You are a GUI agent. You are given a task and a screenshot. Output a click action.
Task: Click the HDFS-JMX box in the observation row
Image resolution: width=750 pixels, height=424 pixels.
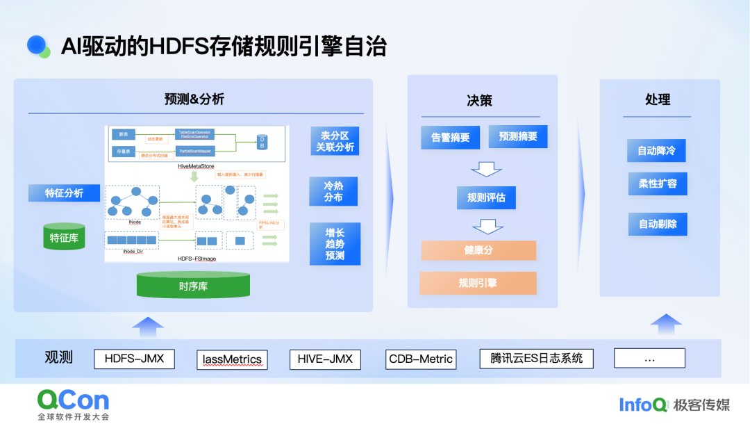134,359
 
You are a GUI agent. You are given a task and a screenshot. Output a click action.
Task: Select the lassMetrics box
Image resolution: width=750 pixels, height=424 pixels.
232,359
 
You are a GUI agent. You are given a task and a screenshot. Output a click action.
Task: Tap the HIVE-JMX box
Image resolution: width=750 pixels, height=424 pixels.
325,359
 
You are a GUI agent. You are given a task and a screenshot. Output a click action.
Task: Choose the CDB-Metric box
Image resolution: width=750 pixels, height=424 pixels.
421,359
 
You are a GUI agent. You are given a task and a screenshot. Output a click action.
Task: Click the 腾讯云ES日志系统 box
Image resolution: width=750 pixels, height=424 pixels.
537,359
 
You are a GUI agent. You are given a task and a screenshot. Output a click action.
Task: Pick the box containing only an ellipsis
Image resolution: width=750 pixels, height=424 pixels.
649,359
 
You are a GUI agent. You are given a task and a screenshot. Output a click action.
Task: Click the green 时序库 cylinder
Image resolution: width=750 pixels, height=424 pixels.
193,285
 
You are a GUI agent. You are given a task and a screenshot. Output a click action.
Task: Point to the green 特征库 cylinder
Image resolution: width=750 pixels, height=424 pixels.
64,237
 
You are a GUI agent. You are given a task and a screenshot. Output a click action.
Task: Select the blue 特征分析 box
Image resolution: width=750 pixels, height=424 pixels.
64,193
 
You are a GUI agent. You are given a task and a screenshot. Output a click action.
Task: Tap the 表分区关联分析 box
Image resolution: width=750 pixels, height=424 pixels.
335,141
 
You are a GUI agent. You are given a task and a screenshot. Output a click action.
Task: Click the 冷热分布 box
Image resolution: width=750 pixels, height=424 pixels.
333,191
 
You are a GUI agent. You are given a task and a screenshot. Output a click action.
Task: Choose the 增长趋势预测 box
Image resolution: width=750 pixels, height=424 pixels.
335,244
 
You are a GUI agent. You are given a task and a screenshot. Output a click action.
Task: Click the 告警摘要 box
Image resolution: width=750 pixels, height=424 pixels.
450,138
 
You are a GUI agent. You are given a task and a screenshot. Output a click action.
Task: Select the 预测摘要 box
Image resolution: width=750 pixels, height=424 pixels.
517,136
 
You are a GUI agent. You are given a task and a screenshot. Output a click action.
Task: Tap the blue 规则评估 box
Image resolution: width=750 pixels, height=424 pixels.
486,197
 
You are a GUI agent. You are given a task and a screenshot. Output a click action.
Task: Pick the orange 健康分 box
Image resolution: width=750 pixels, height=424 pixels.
478,250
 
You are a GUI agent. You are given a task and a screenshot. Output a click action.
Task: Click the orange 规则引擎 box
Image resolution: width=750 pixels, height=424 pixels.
478,283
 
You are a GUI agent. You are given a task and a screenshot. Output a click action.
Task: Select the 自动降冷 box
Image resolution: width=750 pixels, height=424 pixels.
657,150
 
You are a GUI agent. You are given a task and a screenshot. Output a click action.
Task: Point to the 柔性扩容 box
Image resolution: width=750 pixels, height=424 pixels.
657,184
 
